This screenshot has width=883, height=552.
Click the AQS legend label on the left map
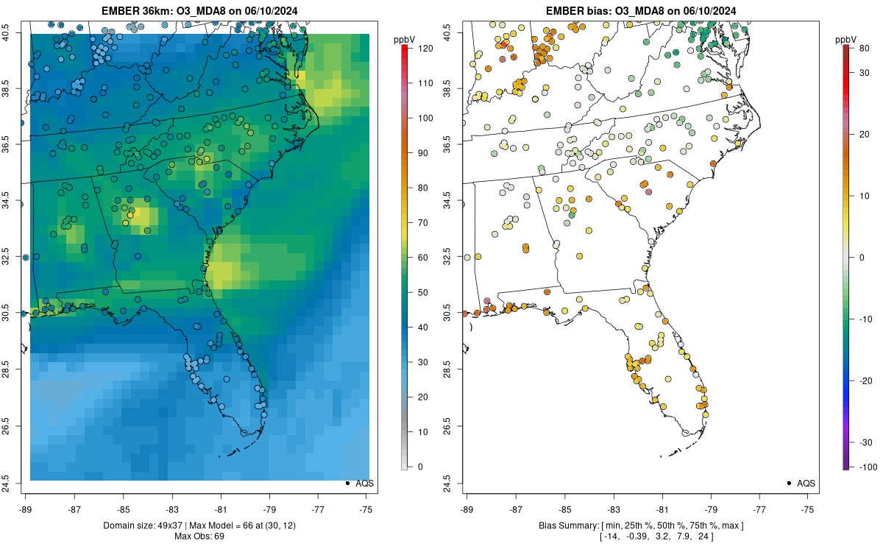tap(364, 484)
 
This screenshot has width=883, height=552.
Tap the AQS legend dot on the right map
tap(789, 483)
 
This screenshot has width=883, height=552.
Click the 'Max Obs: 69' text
tap(200, 536)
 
